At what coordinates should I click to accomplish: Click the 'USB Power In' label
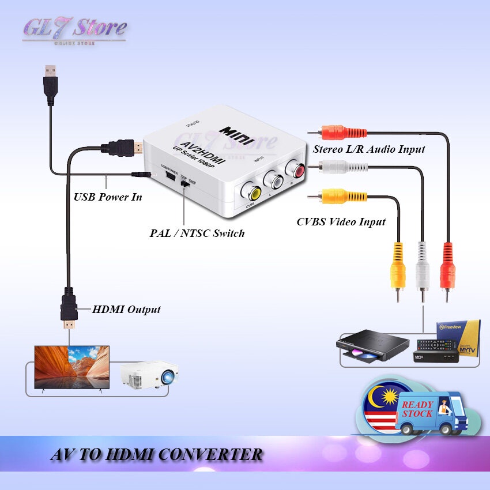[x=107, y=197]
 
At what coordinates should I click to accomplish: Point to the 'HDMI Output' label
[x=126, y=310]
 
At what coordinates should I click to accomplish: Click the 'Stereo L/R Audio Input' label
[x=369, y=149]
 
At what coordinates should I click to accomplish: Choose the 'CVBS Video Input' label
[x=341, y=221]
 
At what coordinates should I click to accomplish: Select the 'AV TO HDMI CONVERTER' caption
[x=156, y=455]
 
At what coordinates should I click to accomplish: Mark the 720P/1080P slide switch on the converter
[x=184, y=183]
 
